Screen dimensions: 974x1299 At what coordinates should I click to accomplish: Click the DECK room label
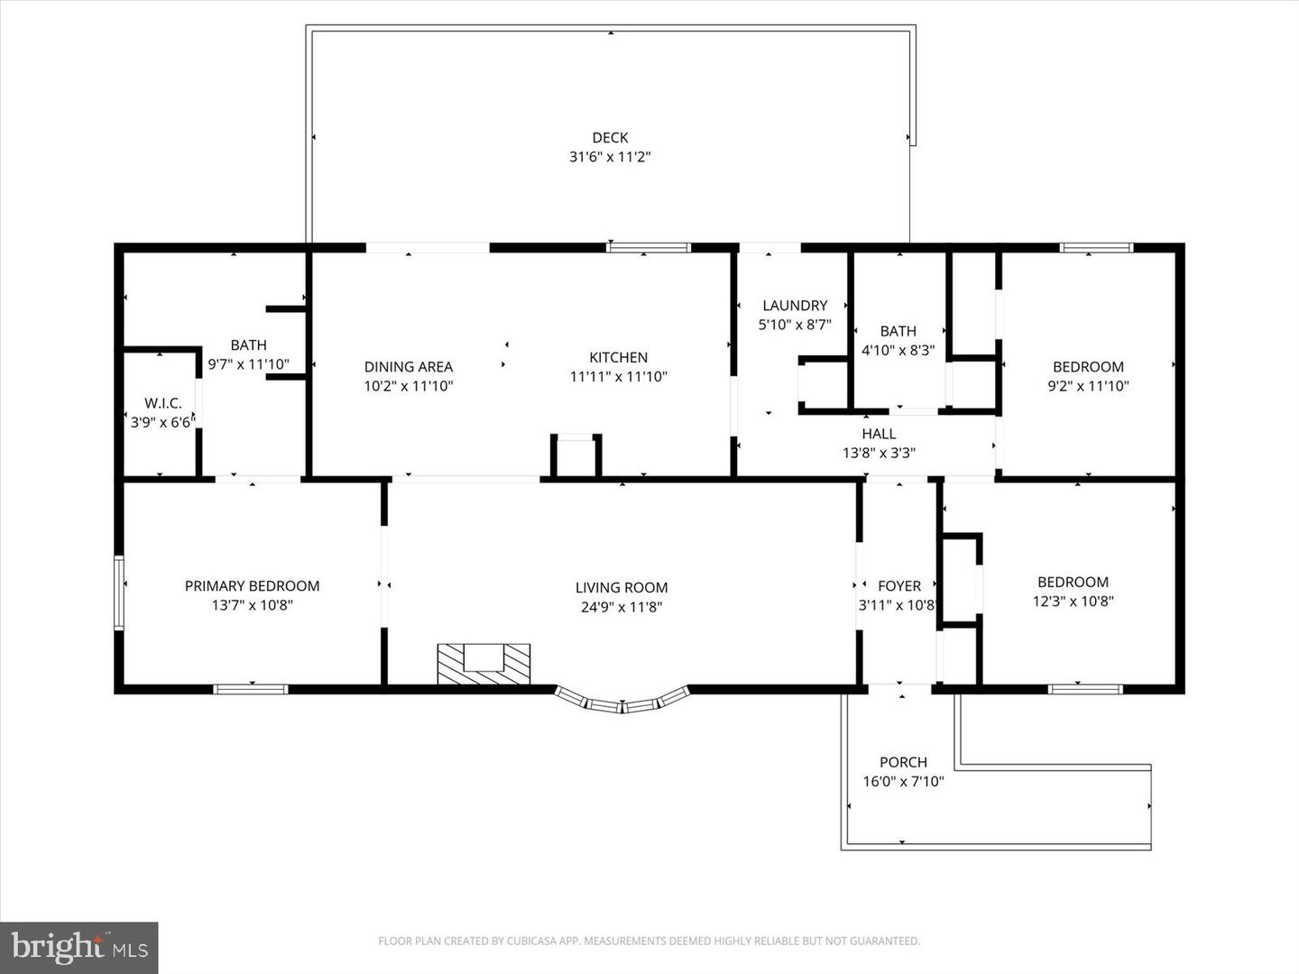[610, 138]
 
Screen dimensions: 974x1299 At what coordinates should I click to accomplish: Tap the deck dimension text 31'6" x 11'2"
[610, 157]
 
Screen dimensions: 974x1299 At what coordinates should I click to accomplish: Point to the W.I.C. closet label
[163, 403]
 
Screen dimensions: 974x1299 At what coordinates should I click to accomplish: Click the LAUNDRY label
[794, 306]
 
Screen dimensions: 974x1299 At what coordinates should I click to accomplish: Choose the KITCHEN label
[618, 357]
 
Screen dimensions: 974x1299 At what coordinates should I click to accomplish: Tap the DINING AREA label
[408, 366]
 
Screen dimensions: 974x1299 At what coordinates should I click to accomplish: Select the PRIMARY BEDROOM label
[252, 586]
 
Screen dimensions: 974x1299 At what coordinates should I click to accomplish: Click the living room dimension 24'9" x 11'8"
[622, 607]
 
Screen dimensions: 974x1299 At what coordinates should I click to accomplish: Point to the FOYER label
[898, 586]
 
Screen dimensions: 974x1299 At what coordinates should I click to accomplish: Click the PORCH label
[903, 762]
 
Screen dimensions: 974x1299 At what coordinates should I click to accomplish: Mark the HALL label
[879, 434]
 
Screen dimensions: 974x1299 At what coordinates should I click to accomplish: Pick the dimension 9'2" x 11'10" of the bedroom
[1088, 386]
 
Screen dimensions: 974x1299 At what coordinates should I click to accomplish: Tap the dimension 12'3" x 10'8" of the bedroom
[1073, 602]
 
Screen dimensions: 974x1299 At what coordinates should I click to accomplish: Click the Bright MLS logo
[79, 947]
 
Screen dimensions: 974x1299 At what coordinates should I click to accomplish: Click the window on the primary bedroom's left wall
[118, 592]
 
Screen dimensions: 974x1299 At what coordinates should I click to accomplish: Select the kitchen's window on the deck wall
[649, 247]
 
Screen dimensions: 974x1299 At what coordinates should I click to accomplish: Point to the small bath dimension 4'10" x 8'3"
[898, 350]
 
